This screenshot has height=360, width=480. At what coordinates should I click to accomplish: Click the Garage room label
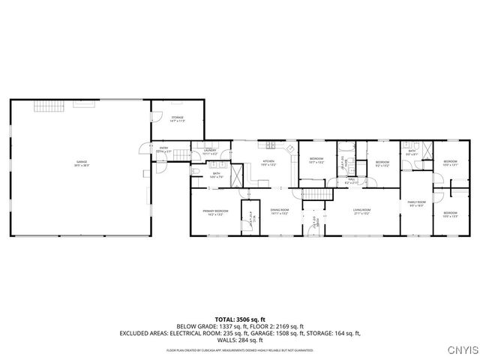pos(81,163)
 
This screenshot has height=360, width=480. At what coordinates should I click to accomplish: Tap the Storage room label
pos(177,118)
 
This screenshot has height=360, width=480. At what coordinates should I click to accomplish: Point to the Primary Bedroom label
pos(215,212)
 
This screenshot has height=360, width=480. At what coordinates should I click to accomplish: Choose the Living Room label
pos(363,211)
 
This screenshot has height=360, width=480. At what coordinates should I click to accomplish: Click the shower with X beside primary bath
pos(235,176)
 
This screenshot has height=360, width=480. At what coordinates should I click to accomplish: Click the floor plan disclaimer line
pos(240,349)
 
